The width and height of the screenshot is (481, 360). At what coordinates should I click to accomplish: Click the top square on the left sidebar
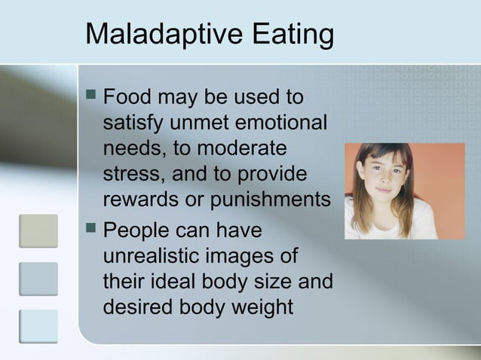[38, 230]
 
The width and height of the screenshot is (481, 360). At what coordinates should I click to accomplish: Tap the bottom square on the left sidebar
[38, 326]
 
